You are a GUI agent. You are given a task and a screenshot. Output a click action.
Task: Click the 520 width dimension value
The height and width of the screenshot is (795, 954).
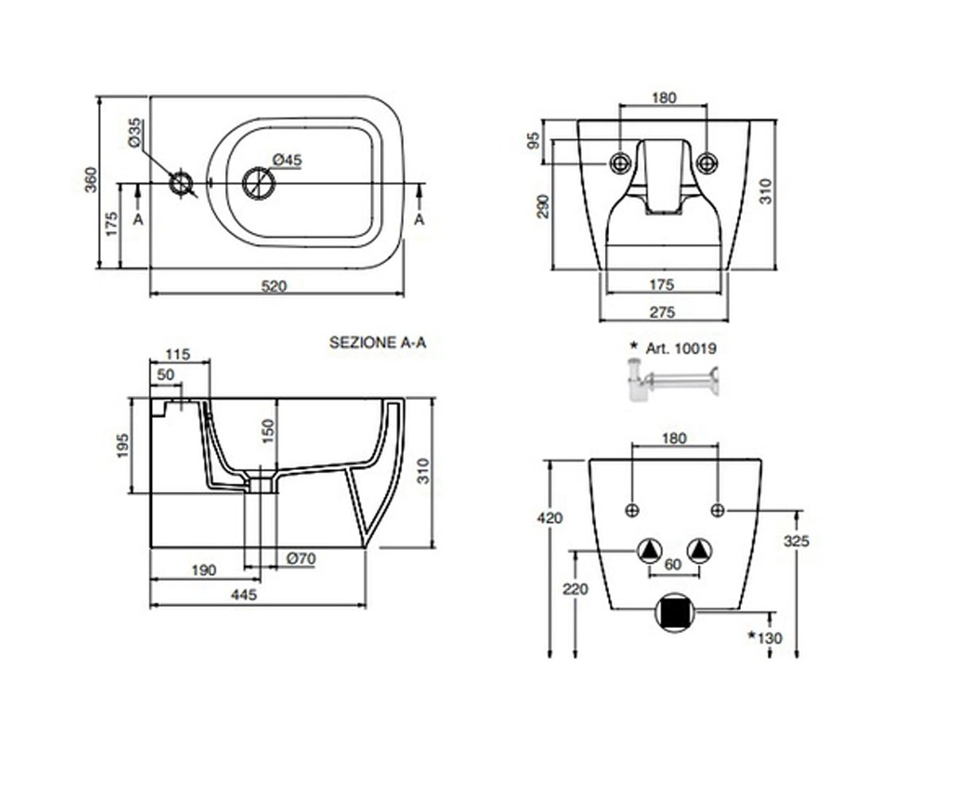(x=273, y=286)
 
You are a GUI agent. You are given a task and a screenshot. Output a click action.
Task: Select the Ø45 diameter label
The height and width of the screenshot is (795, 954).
(x=287, y=160)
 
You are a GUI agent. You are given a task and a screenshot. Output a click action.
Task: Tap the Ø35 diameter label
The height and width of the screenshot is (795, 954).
(x=135, y=133)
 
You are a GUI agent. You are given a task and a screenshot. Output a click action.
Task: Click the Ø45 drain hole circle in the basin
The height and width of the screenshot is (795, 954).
(x=258, y=183)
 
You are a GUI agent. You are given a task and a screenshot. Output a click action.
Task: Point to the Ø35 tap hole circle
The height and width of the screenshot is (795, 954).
(x=181, y=184)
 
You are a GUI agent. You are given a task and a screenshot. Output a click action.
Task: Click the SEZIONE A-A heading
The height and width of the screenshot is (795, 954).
(x=378, y=343)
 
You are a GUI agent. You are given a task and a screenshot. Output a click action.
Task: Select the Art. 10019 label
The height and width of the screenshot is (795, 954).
(x=681, y=349)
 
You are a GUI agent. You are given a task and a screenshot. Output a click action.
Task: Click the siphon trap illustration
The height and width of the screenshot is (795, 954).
(x=673, y=380)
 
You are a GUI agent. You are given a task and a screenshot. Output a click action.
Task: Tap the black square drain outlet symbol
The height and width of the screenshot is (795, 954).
(x=675, y=613)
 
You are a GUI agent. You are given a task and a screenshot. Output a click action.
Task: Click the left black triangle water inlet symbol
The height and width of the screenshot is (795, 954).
(x=650, y=552)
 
